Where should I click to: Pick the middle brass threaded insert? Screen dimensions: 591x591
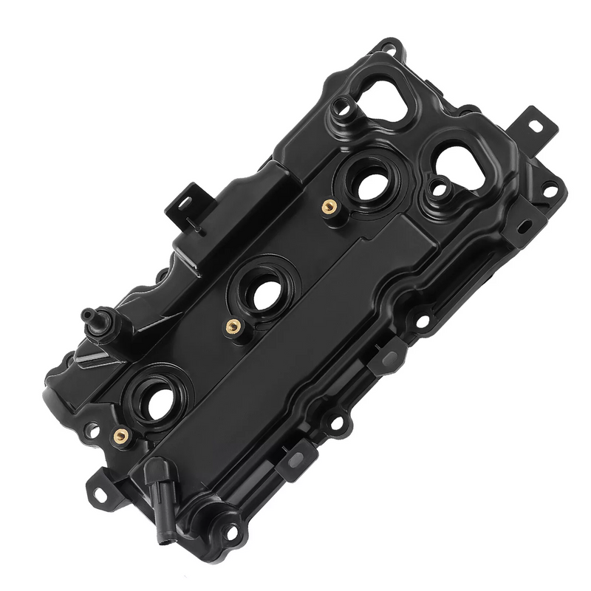[233, 326]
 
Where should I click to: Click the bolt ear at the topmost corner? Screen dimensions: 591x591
[389, 49]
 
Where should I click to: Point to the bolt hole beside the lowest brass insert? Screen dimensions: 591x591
[92, 429]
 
